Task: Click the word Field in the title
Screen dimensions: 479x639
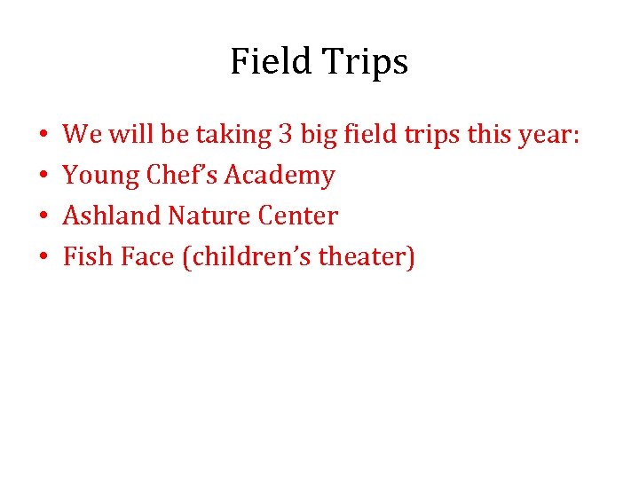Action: pyautogui.click(x=267, y=62)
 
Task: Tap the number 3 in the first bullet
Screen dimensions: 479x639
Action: pyautogui.click(x=284, y=135)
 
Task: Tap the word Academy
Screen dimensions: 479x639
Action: pyautogui.click(x=280, y=176)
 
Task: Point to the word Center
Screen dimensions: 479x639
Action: pyautogui.click(x=298, y=216)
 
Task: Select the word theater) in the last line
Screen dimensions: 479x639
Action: pyautogui.click(x=367, y=257)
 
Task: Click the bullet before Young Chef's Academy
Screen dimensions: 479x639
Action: pyautogui.click(x=43, y=177)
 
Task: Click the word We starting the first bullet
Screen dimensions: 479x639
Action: pyautogui.click(x=82, y=135)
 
